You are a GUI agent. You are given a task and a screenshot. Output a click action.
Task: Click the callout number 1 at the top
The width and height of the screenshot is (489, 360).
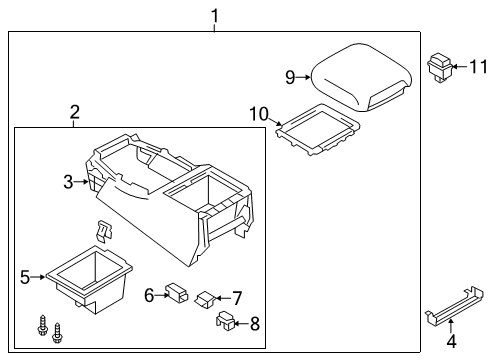pos(214,15)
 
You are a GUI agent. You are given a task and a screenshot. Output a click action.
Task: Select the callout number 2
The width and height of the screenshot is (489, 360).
pos(75,115)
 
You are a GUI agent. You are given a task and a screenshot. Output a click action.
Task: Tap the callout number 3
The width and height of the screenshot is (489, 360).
pos(68,181)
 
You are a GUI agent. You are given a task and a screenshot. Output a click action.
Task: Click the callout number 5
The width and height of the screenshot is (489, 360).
pos(25,277)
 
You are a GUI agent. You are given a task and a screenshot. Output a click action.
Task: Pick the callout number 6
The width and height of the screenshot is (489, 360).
pos(148,295)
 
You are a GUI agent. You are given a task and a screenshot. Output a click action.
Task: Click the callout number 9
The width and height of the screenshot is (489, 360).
pos(290,76)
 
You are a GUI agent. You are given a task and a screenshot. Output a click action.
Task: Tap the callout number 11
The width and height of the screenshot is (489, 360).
pos(477,67)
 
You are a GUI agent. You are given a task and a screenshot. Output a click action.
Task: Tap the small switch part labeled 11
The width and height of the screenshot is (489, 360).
pos(440,67)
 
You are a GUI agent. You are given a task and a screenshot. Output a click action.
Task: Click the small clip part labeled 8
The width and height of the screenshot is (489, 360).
pos(225,321)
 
